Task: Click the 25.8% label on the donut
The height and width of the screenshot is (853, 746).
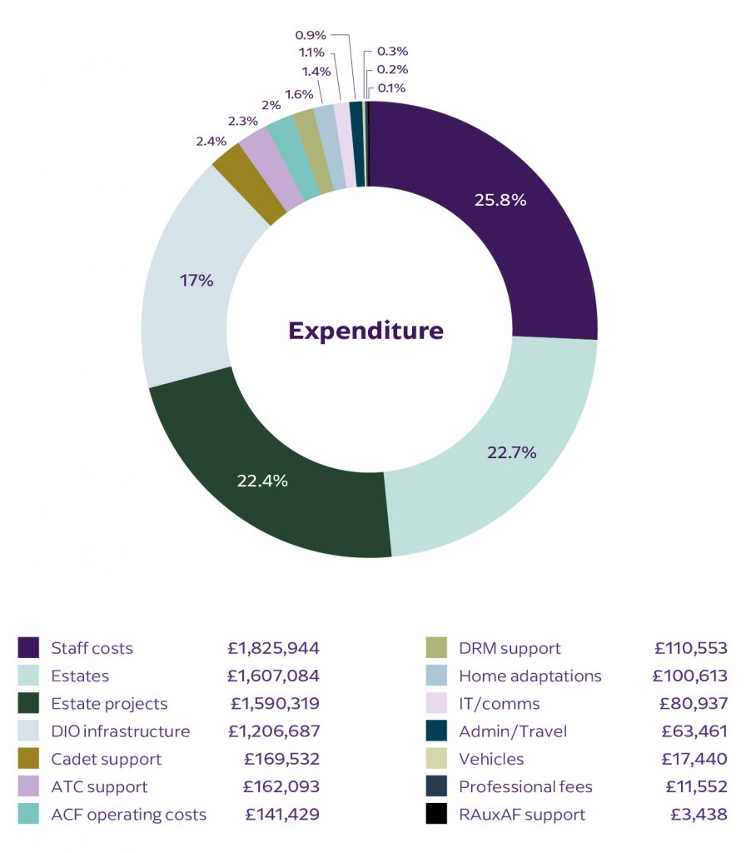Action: click(x=501, y=200)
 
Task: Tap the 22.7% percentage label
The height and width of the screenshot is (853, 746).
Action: click(x=511, y=452)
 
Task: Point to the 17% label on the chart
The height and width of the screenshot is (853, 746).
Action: click(x=196, y=281)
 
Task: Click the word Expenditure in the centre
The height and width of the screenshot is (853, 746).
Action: click(x=366, y=331)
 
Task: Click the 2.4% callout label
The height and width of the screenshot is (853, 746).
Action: click(x=211, y=141)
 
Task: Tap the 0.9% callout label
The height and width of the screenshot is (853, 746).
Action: click(x=311, y=35)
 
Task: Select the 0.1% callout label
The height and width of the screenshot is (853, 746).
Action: click(x=392, y=87)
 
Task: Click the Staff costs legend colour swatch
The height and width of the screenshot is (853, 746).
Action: click(x=28, y=648)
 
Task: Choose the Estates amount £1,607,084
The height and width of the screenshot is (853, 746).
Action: click(x=274, y=676)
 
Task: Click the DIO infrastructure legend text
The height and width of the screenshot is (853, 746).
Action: click(x=120, y=731)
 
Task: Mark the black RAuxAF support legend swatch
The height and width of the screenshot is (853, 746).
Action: click(x=436, y=814)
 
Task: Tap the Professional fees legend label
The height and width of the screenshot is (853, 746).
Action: click(x=525, y=786)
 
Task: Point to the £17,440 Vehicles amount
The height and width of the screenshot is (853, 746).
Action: click(x=694, y=759)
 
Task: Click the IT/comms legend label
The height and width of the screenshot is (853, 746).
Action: click(x=499, y=704)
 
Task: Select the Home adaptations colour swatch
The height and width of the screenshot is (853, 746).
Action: click(x=436, y=676)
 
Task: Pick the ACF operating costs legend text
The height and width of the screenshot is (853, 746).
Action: click(x=128, y=814)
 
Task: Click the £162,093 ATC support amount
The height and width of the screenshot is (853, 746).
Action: click(x=281, y=786)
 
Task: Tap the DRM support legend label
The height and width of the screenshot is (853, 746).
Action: click(x=510, y=648)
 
